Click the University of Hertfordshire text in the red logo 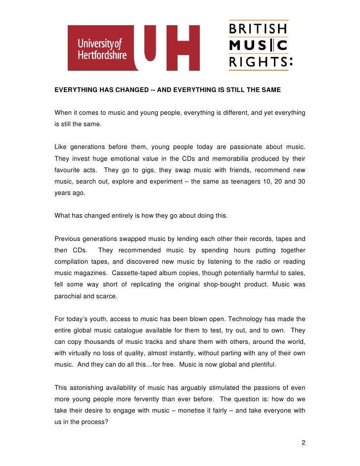(101, 48)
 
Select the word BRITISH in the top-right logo (257, 29)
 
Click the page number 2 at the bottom (303, 442)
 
